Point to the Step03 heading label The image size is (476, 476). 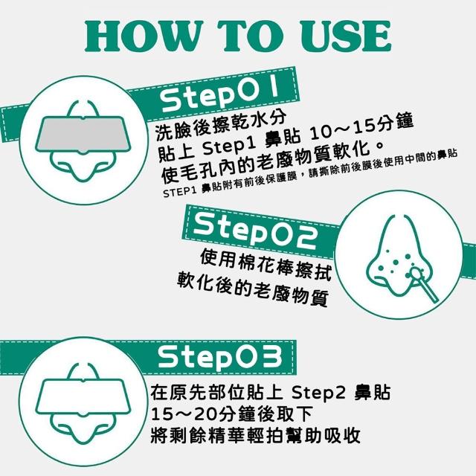(x=220, y=358)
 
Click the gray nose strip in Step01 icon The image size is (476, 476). (x=83, y=134)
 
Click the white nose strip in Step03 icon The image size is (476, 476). (x=83, y=396)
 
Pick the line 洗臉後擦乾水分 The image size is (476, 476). (x=221, y=126)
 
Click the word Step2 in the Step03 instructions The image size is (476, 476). (x=319, y=393)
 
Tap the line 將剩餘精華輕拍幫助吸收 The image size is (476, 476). (x=255, y=435)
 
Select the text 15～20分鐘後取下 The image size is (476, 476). (x=231, y=414)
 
